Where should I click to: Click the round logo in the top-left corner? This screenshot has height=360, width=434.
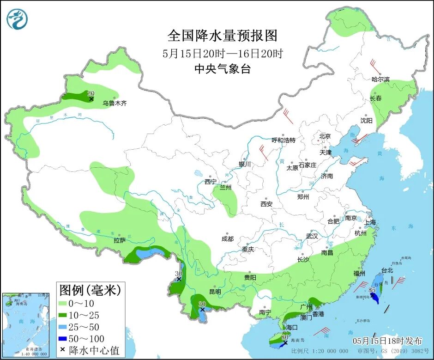point(17,19)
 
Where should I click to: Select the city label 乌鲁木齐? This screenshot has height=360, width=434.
point(114,104)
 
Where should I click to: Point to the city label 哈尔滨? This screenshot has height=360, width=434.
point(380,79)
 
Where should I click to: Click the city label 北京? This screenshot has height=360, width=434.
point(325,136)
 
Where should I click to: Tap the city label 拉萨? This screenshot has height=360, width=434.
point(120,240)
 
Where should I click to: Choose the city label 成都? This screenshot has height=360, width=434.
point(227,238)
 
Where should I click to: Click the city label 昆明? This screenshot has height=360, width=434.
point(215,292)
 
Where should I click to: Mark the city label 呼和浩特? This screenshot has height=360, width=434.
point(283,140)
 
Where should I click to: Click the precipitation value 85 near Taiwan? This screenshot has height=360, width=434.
point(372,290)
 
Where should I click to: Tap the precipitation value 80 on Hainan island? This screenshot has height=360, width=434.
point(284,337)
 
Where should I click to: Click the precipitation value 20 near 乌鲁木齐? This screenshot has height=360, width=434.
point(91,93)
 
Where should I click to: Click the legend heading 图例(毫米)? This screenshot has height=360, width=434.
point(90,290)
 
